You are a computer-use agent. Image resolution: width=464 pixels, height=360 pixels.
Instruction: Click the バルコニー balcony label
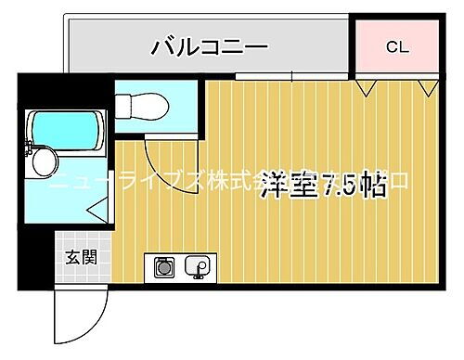coord(209,45)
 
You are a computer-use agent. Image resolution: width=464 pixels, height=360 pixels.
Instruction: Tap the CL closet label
coord(396,45)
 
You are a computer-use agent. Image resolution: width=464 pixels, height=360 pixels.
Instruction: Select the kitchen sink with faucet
coord(198,268)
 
